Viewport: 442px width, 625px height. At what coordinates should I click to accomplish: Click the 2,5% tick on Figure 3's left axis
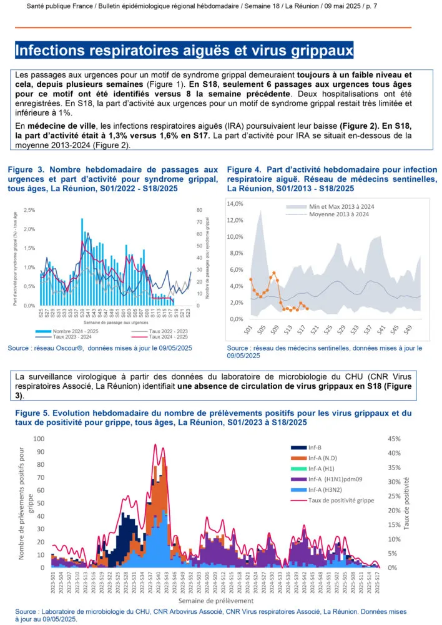coord(28,210)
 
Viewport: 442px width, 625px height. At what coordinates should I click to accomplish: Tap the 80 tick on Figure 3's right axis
coord(199,210)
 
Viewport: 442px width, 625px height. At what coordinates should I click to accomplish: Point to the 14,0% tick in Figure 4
coord(233,204)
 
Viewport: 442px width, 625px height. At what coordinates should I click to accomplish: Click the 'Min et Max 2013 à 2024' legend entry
coord(341,207)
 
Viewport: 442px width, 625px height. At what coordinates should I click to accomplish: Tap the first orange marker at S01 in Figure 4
coord(250,279)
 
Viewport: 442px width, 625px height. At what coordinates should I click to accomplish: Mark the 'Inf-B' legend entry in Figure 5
coord(315,447)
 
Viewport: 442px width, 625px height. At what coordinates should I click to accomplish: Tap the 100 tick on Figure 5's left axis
coord(39,439)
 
